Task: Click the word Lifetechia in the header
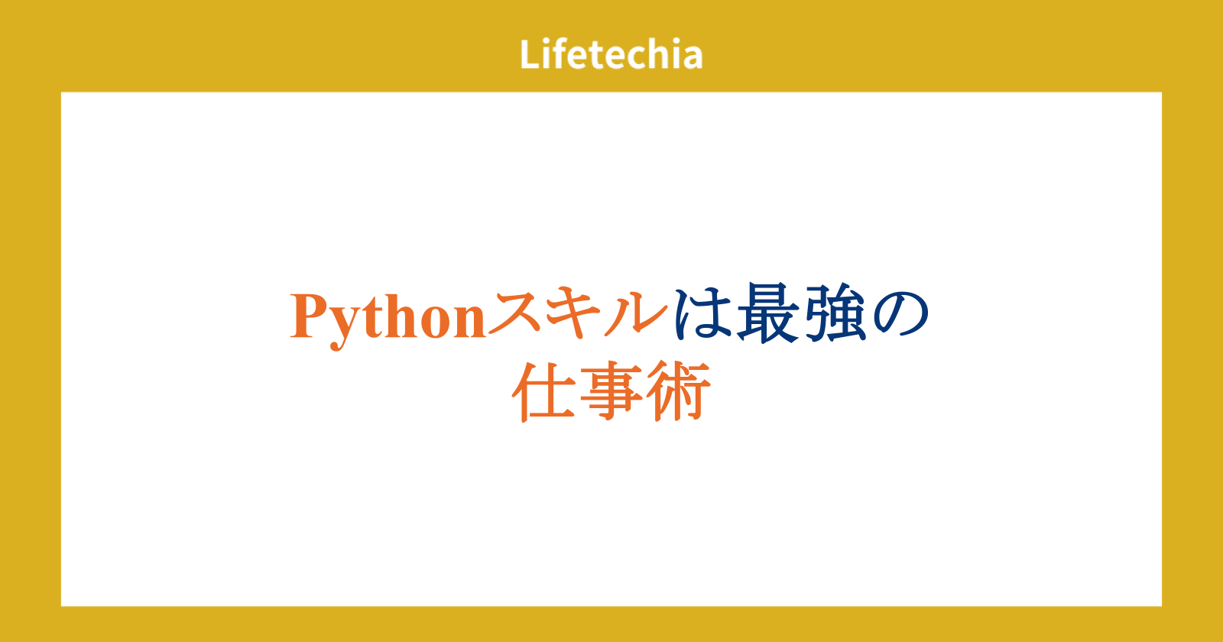coord(611,54)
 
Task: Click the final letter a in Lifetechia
coord(692,58)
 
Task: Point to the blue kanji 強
coord(832,313)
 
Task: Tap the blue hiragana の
coord(900,314)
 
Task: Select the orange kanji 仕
coord(543,391)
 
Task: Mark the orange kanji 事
coord(611,391)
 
